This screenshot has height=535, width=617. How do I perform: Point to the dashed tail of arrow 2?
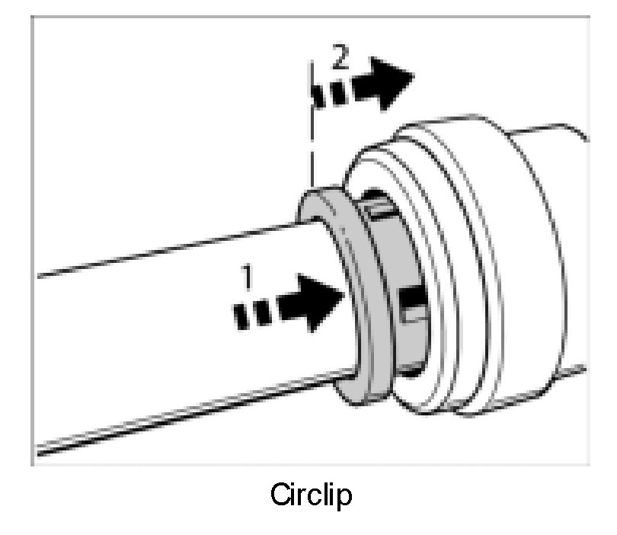pos(328,93)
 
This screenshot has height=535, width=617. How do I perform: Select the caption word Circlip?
pos(311,497)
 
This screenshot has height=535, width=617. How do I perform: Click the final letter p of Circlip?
pos(344,499)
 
